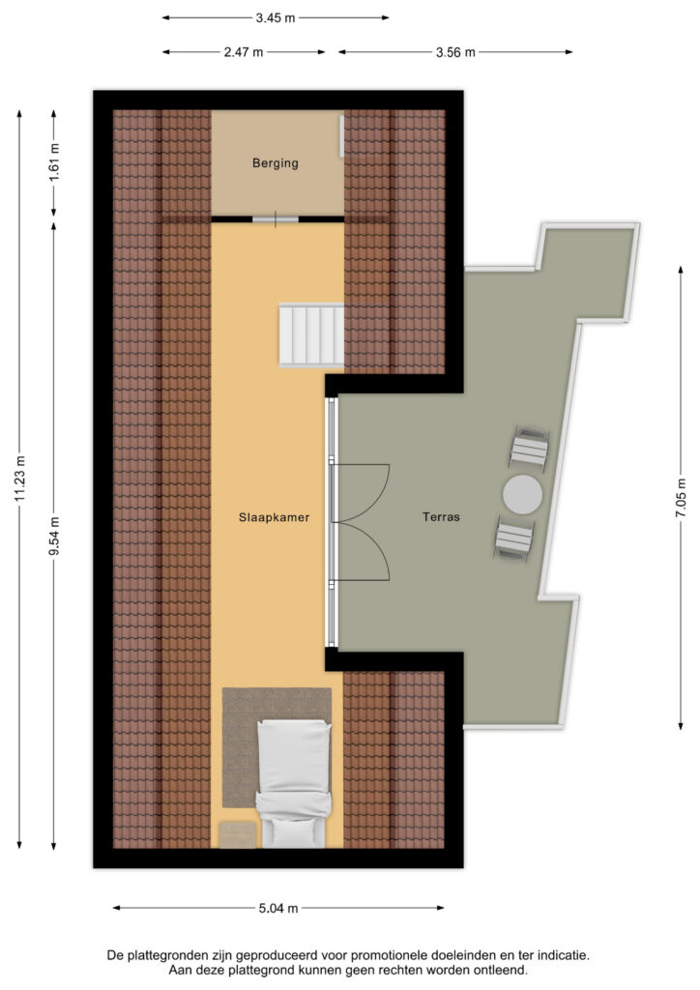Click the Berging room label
click(x=276, y=162)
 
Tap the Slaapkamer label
click(x=274, y=517)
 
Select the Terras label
click(x=441, y=516)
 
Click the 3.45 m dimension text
click(x=276, y=17)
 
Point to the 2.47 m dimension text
click(x=244, y=52)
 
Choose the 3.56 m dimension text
click(x=455, y=52)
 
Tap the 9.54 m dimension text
click(x=54, y=536)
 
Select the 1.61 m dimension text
click(x=54, y=162)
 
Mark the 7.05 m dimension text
click(x=681, y=498)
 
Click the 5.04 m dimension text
click(x=278, y=908)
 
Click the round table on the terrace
click(x=522, y=494)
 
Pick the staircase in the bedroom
click(x=312, y=335)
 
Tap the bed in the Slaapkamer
click(x=294, y=783)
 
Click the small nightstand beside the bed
click(x=238, y=834)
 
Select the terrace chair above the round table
click(x=529, y=448)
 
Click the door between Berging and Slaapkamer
click(x=276, y=219)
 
